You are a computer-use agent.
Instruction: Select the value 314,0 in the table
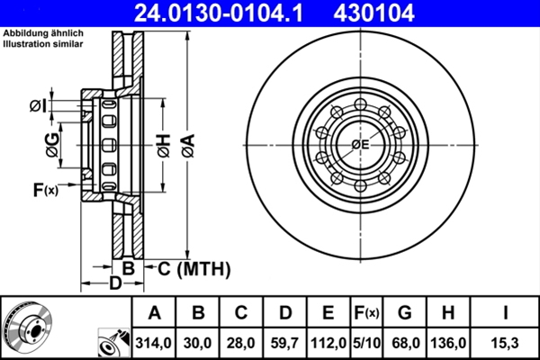tap(154, 343)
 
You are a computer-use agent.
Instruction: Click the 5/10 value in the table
tap(367, 343)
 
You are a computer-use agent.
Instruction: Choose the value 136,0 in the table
tap(446, 343)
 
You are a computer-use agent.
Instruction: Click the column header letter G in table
tap(404, 313)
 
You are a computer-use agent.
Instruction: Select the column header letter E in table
tap(328, 313)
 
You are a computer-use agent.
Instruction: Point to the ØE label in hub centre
tap(361, 145)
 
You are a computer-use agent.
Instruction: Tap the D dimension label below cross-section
tap(114, 284)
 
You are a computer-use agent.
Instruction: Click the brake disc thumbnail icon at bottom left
tap(29, 327)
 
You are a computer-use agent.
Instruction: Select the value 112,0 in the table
tap(328, 343)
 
